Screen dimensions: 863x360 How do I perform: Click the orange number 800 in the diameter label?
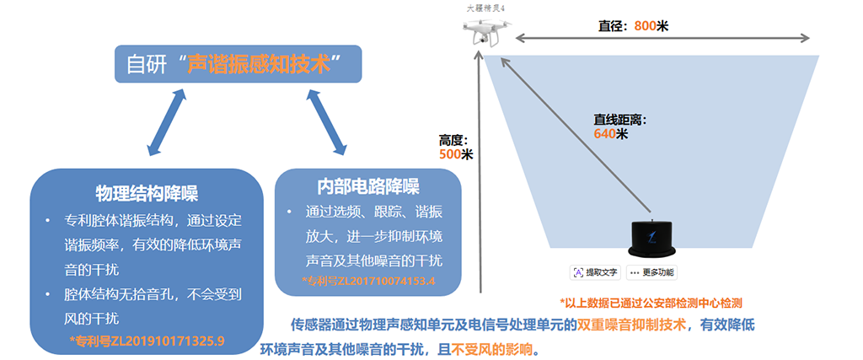coord(645,26)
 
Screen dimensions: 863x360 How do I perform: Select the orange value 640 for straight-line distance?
coord(604,134)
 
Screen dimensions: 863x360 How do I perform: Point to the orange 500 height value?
coord(450,154)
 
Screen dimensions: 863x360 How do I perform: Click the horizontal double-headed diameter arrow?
coord(662,38)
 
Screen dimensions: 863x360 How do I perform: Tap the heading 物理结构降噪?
coord(147,193)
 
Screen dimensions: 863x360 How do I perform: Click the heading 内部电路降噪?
coord(368,186)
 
